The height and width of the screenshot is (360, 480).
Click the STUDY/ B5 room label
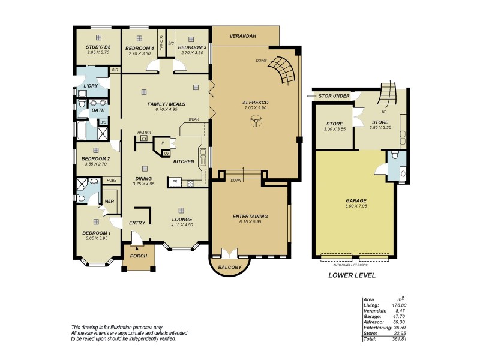point(98,47)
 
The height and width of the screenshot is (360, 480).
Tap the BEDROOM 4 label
point(139,47)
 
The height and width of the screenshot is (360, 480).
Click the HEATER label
point(143,132)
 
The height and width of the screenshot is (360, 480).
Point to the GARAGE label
point(356,200)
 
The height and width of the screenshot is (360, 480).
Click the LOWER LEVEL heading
point(352,275)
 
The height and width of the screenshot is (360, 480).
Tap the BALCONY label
point(230,266)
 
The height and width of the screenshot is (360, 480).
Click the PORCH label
point(139,255)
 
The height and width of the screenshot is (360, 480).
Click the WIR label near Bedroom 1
point(109,202)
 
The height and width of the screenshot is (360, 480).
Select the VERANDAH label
point(243,37)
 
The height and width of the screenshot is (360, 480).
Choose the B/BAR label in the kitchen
point(193,119)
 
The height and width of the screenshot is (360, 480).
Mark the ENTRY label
point(137,223)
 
